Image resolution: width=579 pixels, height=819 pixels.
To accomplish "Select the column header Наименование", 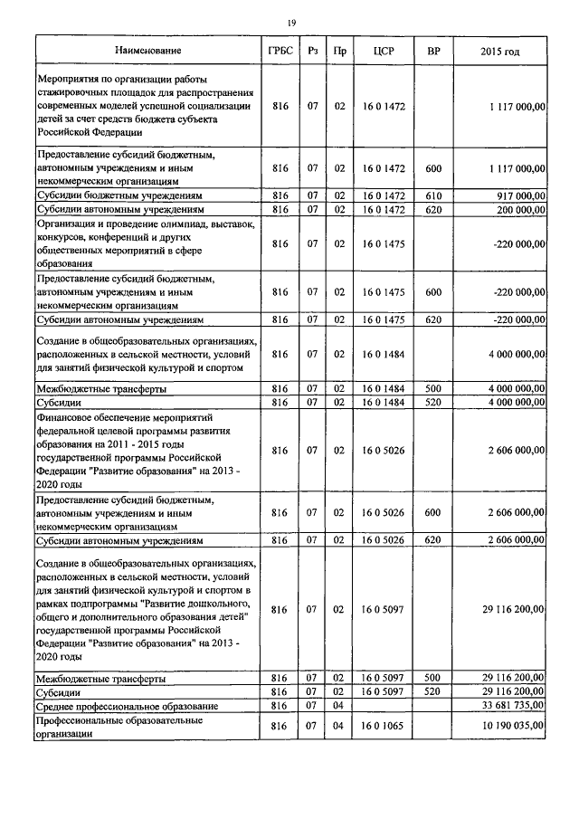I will click(147, 50).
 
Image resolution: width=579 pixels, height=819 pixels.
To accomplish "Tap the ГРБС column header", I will click(280, 50).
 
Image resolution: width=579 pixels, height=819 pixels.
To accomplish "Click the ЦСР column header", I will click(381, 50).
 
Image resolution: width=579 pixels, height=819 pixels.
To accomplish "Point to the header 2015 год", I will click(501, 50).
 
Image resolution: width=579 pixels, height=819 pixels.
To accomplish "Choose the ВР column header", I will click(432, 50).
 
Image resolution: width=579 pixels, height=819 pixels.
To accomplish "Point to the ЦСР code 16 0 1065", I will click(381, 727).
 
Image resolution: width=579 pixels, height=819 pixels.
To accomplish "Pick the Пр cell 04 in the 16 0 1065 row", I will click(339, 727).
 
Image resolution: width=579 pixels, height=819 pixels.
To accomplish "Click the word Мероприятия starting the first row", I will click(71, 80).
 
